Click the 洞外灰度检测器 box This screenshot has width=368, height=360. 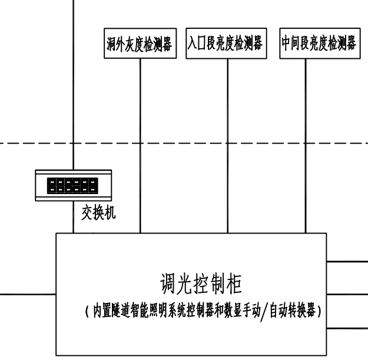140,44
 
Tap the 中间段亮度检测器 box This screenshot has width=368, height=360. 319,44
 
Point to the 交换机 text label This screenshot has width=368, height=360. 98,213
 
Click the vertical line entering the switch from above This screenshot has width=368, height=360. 72,88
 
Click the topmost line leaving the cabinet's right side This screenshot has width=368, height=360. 347,259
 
